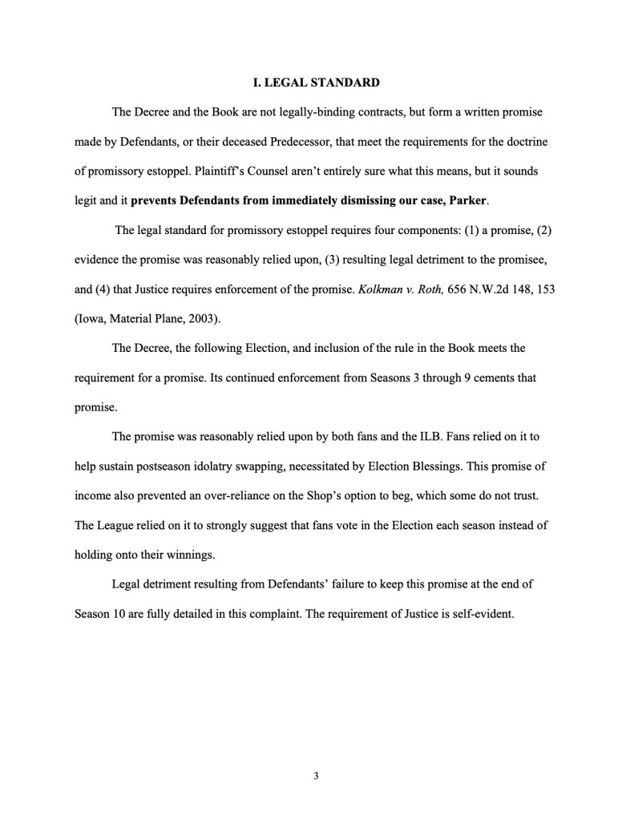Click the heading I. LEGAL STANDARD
tap(317, 83)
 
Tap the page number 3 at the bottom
tap(317, 776)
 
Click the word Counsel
tap(244, 172)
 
